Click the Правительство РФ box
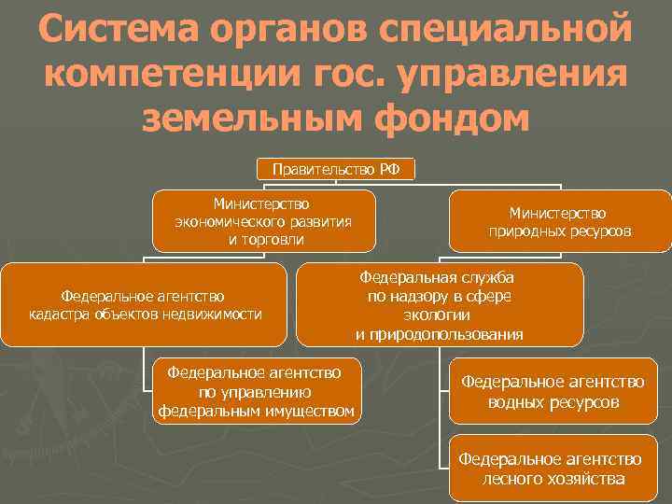click(x=336, y=170)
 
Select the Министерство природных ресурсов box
click(x=560, y=221)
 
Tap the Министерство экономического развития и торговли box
click(x=263, y=221)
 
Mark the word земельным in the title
click(x=258, y=119)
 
